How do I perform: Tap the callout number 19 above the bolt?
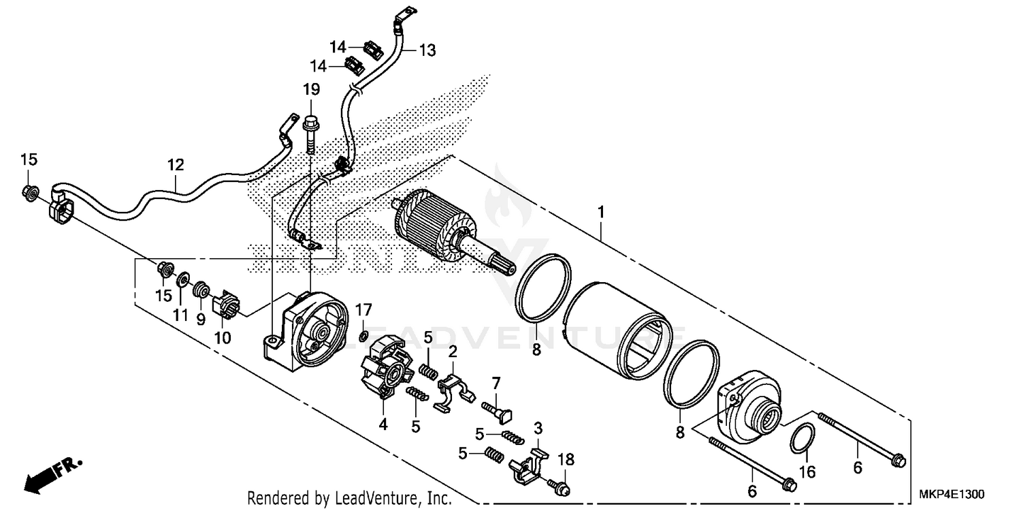pyautogui.click(x=310, y=89)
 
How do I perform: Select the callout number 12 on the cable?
pyautogui.click(x=176, y=164)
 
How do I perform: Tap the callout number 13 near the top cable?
pyautogui.click(x=426, y=50)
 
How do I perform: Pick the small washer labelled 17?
pyautogui.click(x=363, y=334)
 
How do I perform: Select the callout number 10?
pyautogui.click(x=223, y=338)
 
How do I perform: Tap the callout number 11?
pyautogui.click(x=180, y=315)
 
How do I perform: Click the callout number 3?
pyautogui.click(x=538, y=429)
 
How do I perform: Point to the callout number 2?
pyautogui.click(x=451, y=351)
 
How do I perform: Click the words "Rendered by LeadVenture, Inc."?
pyautogui.click(x=349, y=498)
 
